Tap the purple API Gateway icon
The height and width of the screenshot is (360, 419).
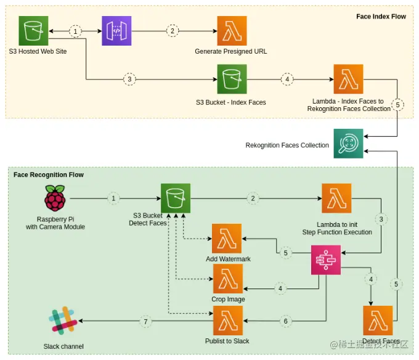116,31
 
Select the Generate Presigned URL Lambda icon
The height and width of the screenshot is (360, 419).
232,31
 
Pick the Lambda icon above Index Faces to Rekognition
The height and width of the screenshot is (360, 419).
348,80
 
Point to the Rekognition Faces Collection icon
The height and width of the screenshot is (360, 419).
348,144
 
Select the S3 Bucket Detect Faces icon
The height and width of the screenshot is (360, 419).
176,198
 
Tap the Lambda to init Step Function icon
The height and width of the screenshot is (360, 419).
336,198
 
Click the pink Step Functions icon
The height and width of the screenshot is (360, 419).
327,259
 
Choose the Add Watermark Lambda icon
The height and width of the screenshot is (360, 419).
227,239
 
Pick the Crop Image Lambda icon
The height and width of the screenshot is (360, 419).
228,279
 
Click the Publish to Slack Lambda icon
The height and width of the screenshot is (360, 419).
228,321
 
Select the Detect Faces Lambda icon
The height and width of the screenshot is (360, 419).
378,321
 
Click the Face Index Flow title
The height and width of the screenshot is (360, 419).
381,17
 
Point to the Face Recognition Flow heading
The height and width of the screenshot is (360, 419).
49,175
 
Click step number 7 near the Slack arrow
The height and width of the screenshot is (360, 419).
146,322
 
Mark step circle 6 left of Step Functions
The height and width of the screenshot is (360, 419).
285,322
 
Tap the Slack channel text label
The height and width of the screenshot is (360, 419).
63,346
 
